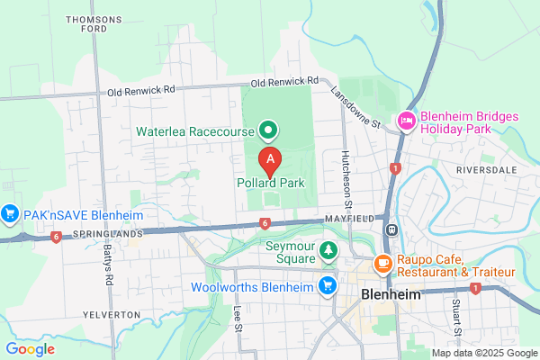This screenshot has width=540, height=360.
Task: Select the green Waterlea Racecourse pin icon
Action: tap(267, 131)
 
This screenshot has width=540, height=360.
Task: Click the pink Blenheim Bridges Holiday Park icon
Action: tap(407, 121)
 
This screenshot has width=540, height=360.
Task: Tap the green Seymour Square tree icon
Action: tap(328, 247)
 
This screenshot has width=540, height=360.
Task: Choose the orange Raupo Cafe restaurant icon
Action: tap(382, 265)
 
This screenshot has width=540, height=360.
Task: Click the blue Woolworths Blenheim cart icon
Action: tap(328, 287)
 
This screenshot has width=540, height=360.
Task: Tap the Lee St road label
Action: tap(238, 317)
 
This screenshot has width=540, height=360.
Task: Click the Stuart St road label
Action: tap(456, 314)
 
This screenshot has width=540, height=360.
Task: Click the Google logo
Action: tap(30, 349)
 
